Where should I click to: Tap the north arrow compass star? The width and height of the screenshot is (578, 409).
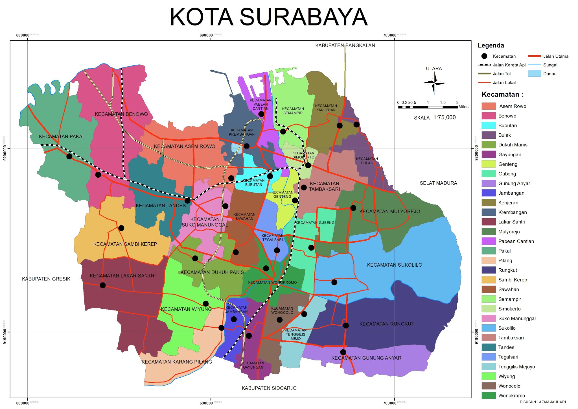point(434,83)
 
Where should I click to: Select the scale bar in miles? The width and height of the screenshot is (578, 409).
point(428,107)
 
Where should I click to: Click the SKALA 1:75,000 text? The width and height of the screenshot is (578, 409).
point(435,118)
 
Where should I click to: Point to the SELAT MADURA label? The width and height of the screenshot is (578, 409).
point(438,183)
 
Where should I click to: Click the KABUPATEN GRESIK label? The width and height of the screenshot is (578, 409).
point(46,279)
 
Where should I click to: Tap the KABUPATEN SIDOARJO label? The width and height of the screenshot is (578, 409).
point(269,388)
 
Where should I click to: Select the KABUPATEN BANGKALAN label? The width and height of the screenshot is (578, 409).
point(345,45)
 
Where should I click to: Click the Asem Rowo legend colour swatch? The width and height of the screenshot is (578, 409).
point(489,106)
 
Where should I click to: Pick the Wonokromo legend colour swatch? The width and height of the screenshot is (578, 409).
point(489,395)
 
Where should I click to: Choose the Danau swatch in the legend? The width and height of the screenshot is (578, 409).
point(534,73)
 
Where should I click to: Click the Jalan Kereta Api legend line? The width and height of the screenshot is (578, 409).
point(484,65)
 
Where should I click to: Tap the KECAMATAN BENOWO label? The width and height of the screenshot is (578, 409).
point(121,114)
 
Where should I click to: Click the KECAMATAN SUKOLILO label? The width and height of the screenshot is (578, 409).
point(395,265)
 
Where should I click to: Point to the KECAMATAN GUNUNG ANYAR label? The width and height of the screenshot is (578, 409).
point(366,358)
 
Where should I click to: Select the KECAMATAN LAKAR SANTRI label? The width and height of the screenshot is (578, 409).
point(122,276)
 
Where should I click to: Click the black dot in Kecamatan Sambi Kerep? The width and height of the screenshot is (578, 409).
point(121,228)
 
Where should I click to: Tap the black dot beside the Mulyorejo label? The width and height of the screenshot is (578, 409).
point(353,208)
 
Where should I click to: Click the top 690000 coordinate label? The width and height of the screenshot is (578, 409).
point(206,35)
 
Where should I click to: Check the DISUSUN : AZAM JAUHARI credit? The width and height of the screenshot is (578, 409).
point(542,402)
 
